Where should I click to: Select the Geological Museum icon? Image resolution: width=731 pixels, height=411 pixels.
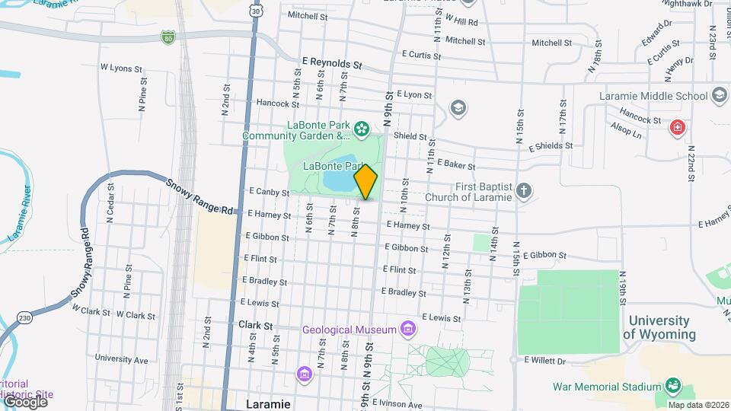coord(409,329)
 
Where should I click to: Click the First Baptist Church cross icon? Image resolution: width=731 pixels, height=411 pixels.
coord(523,191)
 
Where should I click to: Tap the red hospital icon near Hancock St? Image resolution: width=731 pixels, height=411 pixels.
coord(675,127)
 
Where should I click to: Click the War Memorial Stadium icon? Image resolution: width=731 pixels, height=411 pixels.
coord(673,386)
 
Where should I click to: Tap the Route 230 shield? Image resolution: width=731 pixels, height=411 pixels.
coord(25,317)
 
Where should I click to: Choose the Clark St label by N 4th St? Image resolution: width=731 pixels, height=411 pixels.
coord(255,324)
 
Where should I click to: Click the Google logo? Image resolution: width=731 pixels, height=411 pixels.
coord(24,401)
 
